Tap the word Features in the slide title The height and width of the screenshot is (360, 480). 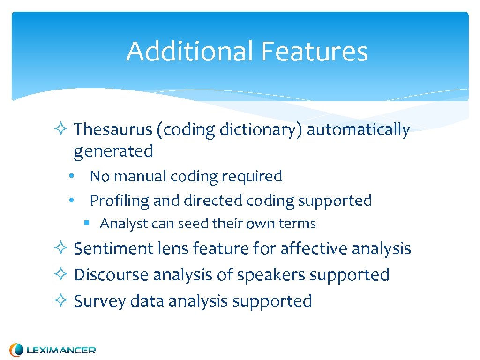(x=314, y=51)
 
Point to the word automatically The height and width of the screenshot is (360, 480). (x=358, y=130)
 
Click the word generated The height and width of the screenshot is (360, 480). (x=113, y=151)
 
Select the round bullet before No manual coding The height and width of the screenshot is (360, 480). (x=70, y=176)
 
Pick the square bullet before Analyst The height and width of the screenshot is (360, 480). (x=87, y=223)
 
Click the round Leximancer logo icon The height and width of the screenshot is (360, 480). (x=17, y=350)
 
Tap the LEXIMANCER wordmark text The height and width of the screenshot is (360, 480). (x=61, y=350)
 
